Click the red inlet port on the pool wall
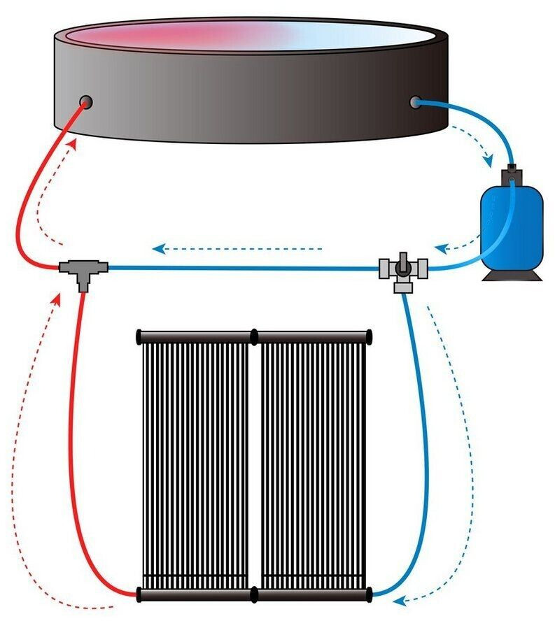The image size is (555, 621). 86,101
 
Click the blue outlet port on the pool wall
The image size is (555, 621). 414,102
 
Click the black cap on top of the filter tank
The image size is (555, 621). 512,170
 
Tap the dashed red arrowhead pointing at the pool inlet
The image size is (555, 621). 73,143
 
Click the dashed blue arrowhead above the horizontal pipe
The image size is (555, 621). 159,248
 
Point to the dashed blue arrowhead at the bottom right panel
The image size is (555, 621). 400,599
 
